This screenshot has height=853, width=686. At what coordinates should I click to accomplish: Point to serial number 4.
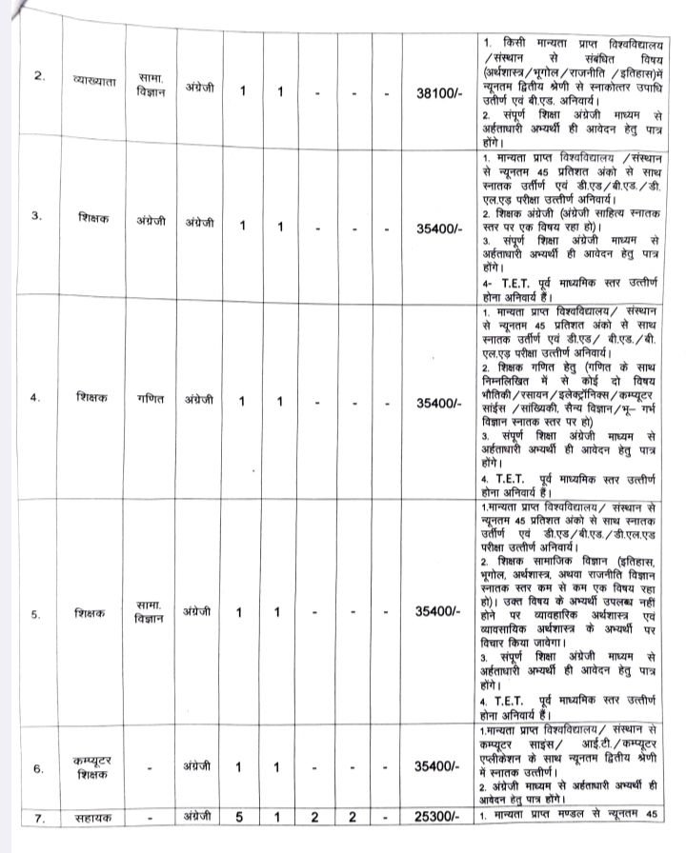click(x=36, y=399)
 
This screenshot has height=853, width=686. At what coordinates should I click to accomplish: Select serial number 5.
click(x=36, y=614)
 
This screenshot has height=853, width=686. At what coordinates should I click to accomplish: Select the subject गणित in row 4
click(x=150, y=399)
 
